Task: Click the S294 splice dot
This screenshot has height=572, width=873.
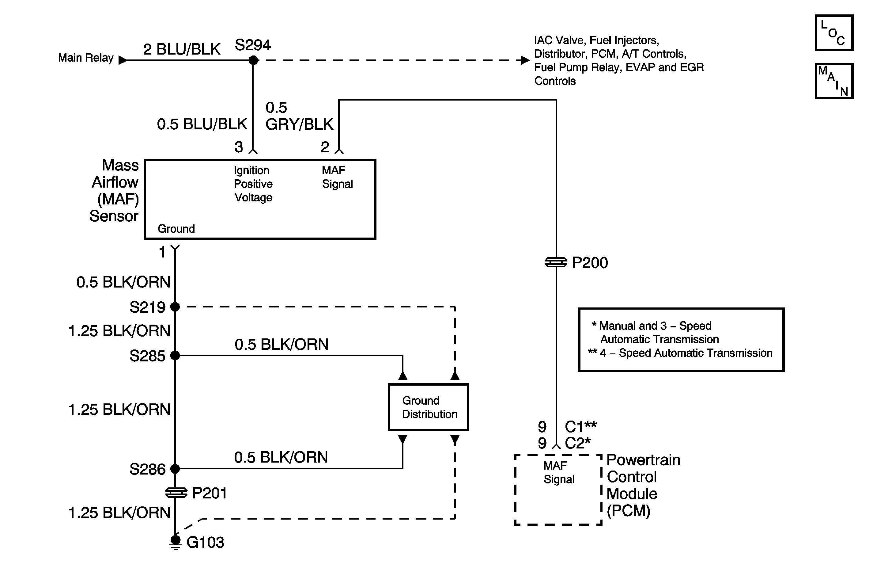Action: click(x=253, y=60)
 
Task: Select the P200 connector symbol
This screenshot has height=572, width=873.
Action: click(x=556, y=262)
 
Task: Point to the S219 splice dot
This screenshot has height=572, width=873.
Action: click(x=175, y=307)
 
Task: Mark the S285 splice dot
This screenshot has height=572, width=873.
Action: click(x=175, y=355)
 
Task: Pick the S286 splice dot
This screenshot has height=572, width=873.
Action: click(x=175, y=468)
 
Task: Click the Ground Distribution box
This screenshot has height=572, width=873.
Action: click(x=429, y=407)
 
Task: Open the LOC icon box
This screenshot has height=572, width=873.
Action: click(x=834, y=33)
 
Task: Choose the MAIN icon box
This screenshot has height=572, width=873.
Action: click(x=834, y=81)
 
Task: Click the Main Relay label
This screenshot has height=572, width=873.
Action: click(x=86, y=58)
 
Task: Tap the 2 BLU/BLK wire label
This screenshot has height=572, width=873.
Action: click(x=181, y=49)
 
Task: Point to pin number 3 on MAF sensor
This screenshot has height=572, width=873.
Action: click(x=239, y=147)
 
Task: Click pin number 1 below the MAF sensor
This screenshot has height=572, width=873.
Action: click(x=162, y=253)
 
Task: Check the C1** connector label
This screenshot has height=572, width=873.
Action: click(x=581, y=427)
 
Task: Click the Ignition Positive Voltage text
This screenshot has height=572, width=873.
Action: click(x=253, y=184)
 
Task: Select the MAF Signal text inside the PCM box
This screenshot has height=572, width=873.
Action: click(x=559, y=472)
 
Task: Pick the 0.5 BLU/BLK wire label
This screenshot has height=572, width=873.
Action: click(x=202, y=124)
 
